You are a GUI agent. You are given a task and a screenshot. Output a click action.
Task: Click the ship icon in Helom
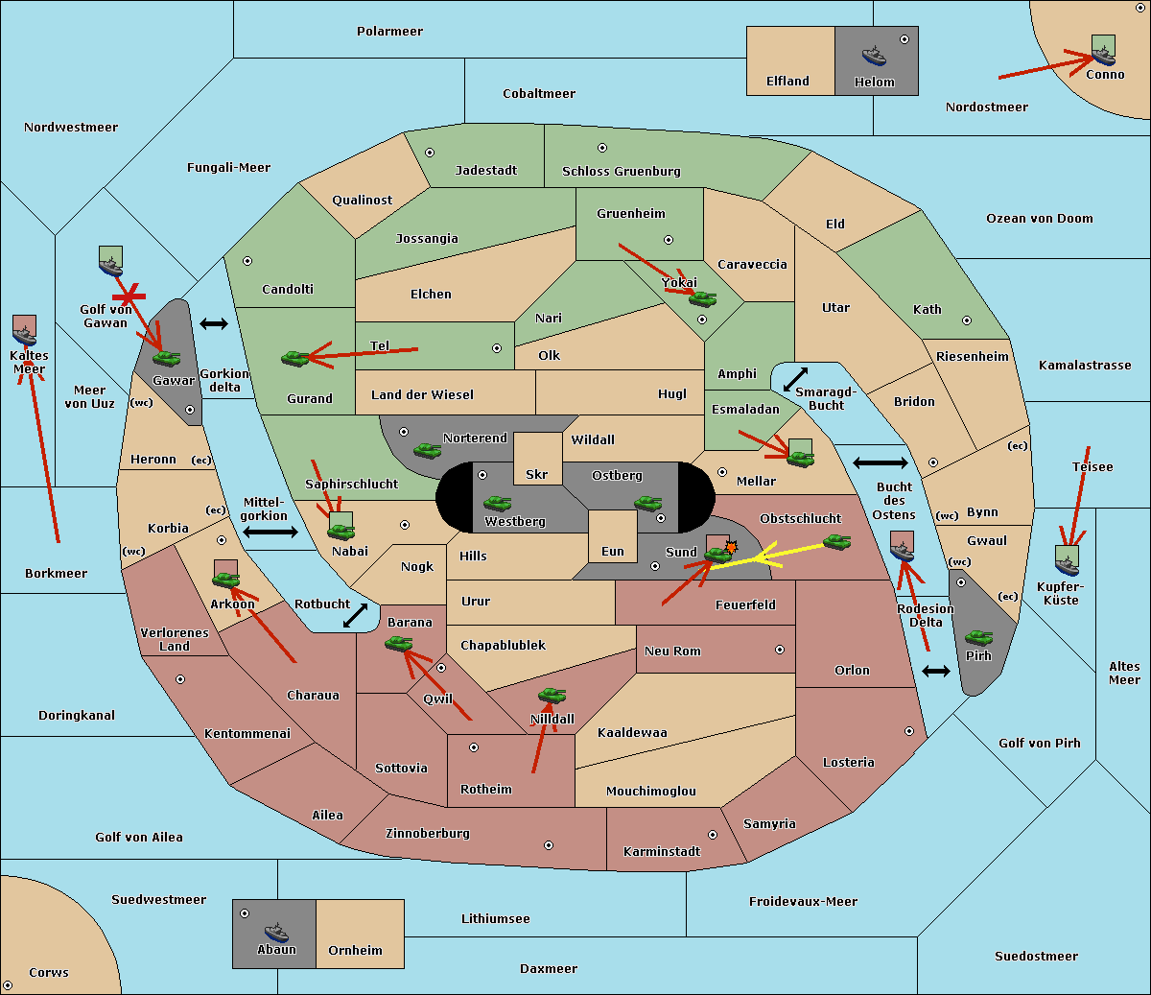874,56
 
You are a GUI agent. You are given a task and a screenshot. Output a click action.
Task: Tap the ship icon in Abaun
276,933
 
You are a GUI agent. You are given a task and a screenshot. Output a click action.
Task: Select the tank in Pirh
978,637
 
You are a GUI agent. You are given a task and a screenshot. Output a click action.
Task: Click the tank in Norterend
427,450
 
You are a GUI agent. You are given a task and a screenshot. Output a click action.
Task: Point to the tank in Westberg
497,503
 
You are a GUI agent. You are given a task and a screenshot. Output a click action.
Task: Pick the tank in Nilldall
552,696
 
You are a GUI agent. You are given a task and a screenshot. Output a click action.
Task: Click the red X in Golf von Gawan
129,296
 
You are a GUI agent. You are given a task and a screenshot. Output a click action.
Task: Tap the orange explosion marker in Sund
731,547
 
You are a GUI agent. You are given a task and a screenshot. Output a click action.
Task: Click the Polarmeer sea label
389,32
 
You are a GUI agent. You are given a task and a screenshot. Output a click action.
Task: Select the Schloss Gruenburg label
622,171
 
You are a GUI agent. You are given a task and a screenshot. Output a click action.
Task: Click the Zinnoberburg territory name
428,834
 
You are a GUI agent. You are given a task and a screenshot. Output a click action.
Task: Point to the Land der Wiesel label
422,395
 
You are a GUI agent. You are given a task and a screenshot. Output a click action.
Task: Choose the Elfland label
787,82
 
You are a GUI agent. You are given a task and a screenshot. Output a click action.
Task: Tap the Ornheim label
355,951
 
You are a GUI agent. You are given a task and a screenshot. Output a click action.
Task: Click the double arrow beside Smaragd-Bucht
795,379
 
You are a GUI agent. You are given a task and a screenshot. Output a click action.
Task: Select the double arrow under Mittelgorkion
270,532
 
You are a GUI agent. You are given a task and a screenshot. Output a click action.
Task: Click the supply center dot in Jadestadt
430,153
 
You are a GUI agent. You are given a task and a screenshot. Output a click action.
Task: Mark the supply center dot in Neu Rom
780,650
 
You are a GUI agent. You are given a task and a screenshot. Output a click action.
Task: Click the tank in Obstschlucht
836,541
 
